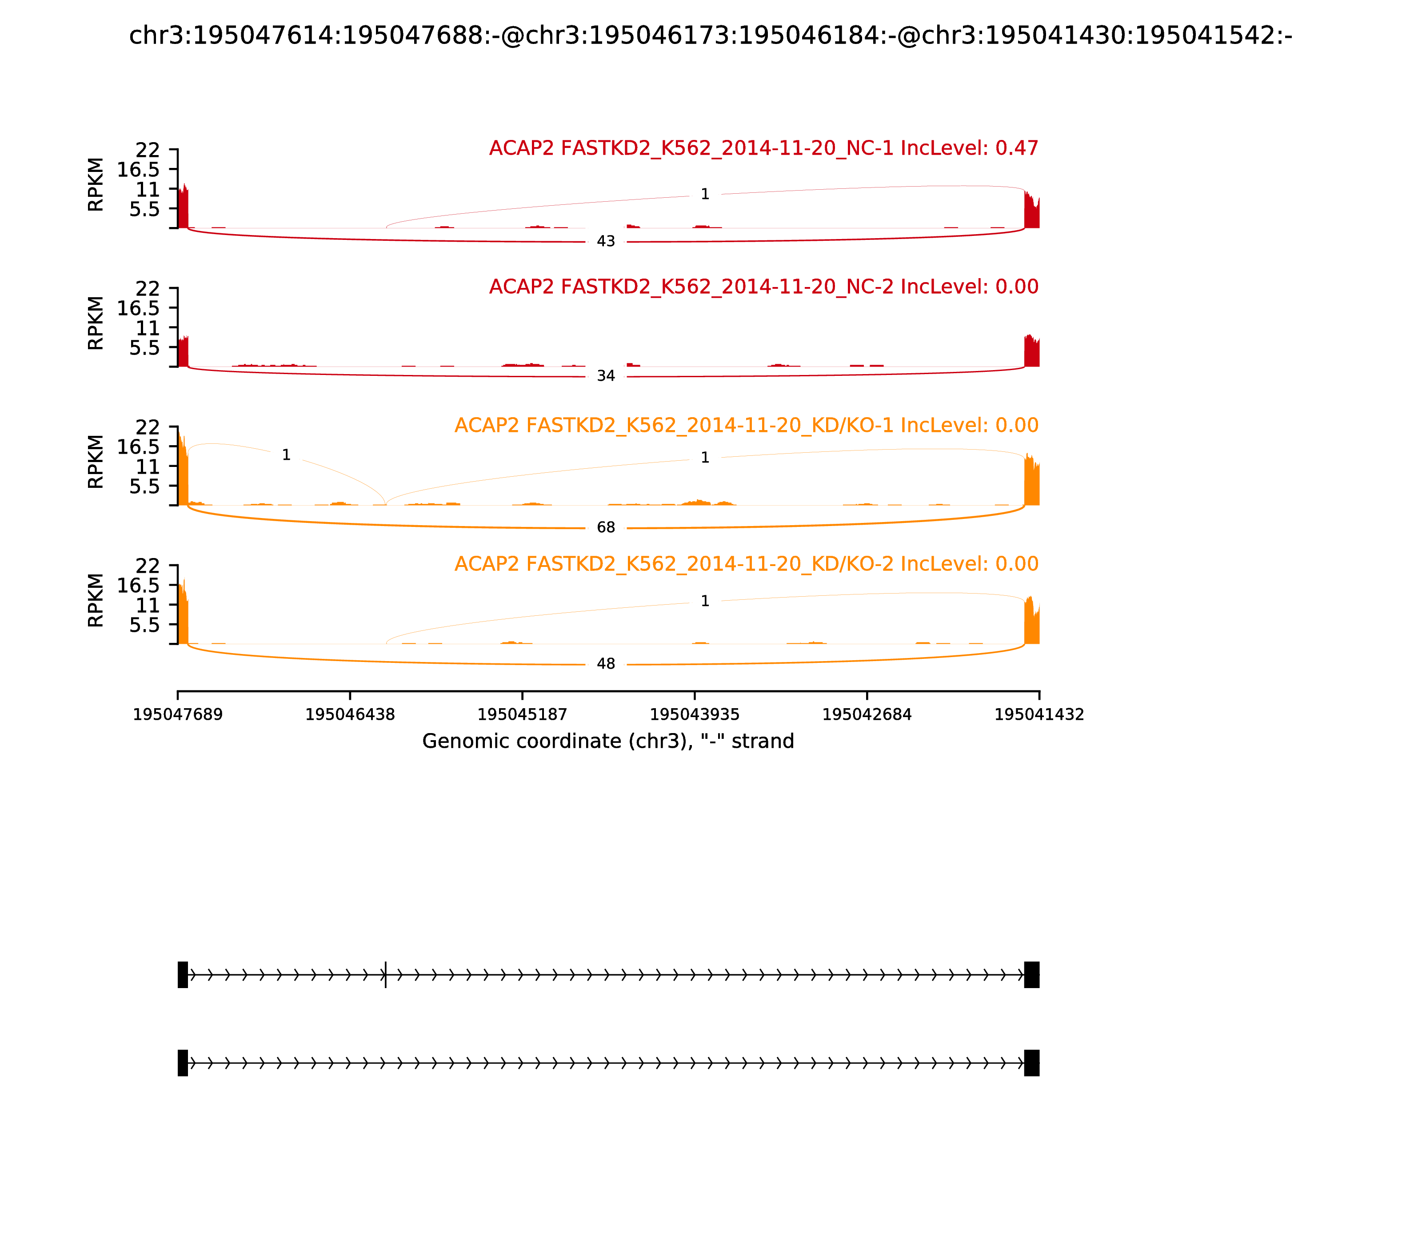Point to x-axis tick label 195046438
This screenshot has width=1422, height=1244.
pos(350,715)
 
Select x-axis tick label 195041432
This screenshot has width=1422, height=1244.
pos(1039,715)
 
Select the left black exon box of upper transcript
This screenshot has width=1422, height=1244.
pos(183,975)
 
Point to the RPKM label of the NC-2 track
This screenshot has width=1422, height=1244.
pos(96,323)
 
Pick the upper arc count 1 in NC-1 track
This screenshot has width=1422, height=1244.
pos(705,195)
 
